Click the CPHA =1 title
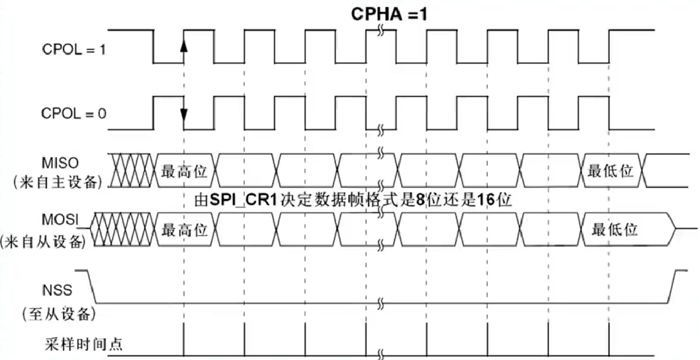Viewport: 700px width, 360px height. click(x=389, y=13)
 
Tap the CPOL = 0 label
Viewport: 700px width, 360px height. click(x=73, y=114)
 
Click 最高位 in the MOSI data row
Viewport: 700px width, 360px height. click(x=185, y=230)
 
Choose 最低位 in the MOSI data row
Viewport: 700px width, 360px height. click(x=614, y=230)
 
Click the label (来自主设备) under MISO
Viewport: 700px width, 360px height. click(x=57, y=182)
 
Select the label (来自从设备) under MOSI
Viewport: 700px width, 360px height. click(x=43, y=242)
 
